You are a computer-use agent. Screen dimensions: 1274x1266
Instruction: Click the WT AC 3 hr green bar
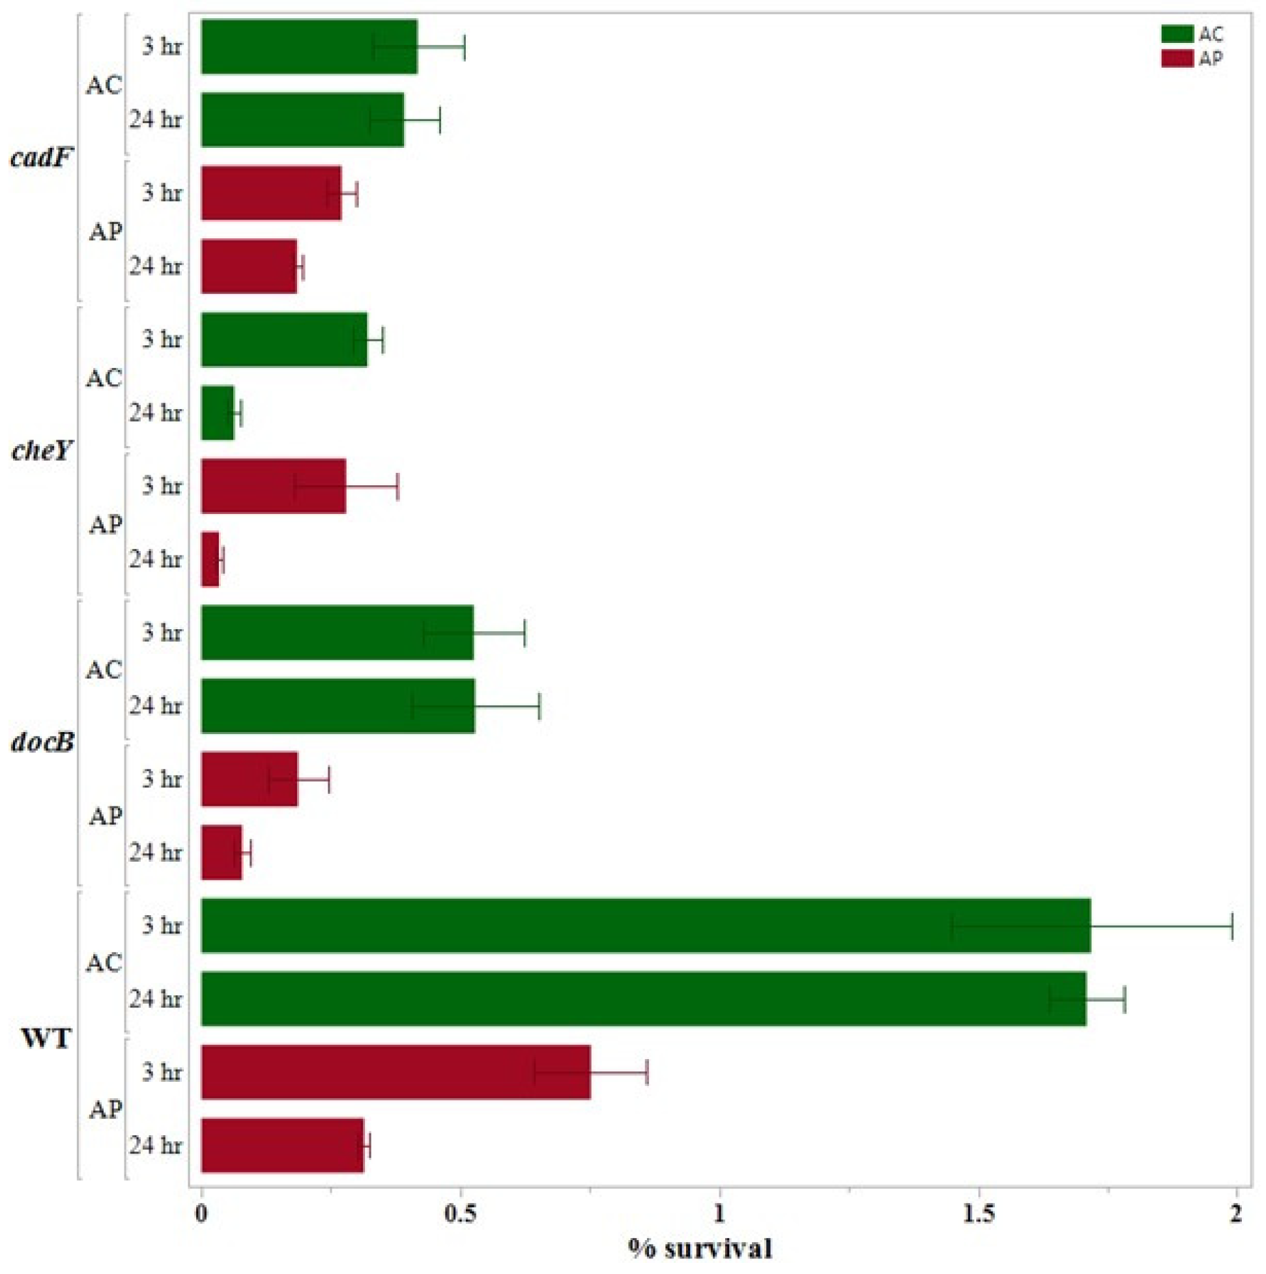645,925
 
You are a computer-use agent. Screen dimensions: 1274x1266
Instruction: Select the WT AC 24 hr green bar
643,998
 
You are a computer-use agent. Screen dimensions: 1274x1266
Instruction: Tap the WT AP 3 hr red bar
396,1071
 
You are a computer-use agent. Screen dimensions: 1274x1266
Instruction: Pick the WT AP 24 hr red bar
282,1145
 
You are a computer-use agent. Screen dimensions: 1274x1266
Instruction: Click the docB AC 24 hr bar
338,705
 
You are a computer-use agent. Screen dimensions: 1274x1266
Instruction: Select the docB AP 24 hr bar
222,852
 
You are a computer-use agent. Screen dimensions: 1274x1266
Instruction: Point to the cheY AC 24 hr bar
218,413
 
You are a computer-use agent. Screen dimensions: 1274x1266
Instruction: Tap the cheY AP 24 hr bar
210,559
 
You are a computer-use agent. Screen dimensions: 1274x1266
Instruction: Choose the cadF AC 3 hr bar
309,47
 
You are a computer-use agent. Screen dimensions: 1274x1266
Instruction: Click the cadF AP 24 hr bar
249,266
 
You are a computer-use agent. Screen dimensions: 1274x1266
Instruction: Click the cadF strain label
41,158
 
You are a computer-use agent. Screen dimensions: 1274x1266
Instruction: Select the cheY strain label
41,451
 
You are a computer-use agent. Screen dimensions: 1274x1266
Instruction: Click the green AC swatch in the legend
1177,35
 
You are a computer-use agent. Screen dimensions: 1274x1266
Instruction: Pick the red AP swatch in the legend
1177,59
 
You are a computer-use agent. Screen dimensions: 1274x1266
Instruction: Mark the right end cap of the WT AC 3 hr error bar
1231,926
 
